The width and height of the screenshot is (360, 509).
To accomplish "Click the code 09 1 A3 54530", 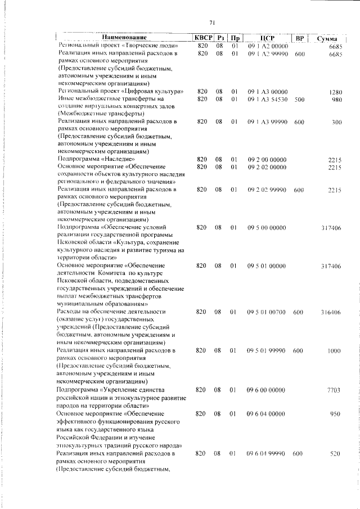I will coord(268,100).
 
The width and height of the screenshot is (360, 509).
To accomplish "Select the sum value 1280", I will coord(336,92).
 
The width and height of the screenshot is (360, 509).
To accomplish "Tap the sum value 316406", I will coord(330,311).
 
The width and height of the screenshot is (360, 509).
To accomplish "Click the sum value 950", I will coord(336,413).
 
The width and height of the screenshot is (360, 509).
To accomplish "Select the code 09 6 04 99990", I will coord(267,453).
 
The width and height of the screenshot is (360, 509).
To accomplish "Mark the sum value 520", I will coord(336,453).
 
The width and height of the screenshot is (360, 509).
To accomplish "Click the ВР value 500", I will coord(299,100).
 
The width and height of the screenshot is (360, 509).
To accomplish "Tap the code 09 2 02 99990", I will coord(267,190).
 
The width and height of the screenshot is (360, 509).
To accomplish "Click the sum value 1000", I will coord(335,350).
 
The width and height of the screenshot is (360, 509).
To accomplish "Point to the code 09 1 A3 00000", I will coord(267,92).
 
